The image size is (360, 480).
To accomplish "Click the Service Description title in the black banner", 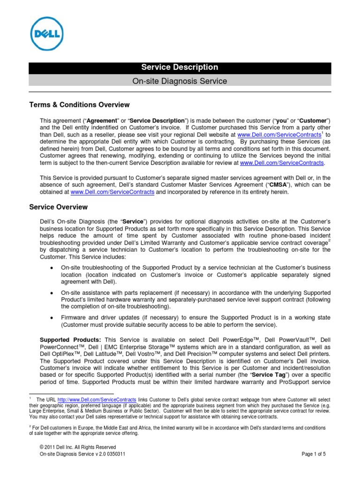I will [x=180, y=67].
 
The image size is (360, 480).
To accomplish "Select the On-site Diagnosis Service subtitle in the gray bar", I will [x=180, y=81].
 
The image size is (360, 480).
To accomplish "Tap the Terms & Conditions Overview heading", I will [x=79, y=105].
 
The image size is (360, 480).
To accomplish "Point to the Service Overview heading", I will [x=58, y=207].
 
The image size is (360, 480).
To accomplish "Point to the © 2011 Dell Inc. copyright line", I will [x=78, y=447].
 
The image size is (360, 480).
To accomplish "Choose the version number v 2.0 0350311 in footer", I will [x=105, y=454].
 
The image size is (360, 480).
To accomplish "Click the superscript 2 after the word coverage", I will [x=330, y=241].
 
